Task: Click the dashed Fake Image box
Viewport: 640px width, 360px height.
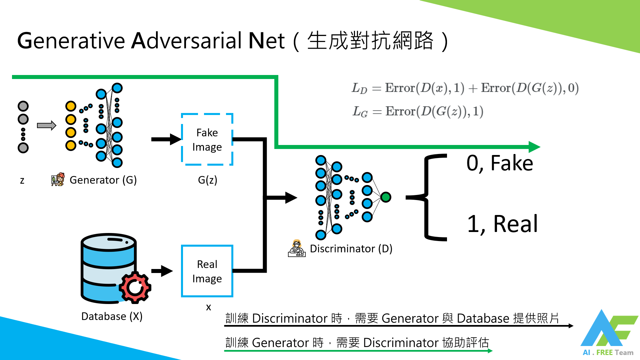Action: [x=207, y=139]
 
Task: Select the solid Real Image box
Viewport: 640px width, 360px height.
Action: [x=207, y=271]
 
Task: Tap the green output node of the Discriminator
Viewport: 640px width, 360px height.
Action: [x=386, y=197]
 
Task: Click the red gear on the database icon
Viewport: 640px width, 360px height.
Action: [x=135, y=287]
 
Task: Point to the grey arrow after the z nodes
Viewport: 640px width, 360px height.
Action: [x=46, y=126]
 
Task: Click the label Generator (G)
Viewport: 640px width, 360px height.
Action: [x=103, y=180]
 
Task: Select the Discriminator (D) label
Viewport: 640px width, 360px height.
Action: [x=351, y=249]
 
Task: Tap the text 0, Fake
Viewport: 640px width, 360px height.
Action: [x=500, y=163]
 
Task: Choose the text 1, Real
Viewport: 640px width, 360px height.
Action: [x=502, y=224]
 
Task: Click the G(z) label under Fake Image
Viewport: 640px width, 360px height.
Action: [x=207, y=180]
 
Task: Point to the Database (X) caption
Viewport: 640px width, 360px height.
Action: [x=112, y=316]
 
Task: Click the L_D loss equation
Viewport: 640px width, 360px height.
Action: [x=465, y=88]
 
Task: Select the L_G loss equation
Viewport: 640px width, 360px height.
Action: [x=418, y=111]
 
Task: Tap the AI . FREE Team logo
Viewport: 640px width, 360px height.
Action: [x=609, y=333]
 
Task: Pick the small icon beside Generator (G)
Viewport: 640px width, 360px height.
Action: [x=58, y=179]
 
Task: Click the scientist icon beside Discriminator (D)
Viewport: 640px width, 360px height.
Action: [x=297, y=248]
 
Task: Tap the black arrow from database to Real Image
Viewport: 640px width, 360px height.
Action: [x=162, y=271]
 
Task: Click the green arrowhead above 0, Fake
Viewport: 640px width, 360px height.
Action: [x=534, y=147]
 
